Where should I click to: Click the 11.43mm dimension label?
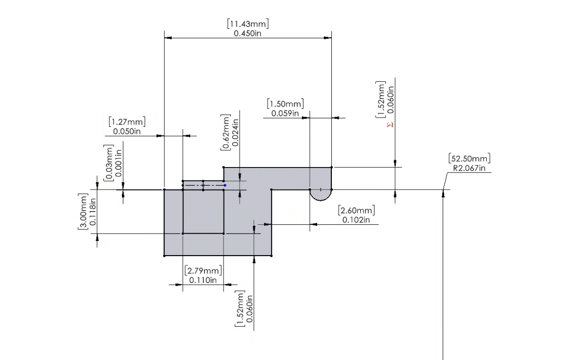pos(248,24)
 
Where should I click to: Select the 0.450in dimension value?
pos(248,33)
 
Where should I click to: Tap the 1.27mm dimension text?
pos(127,121)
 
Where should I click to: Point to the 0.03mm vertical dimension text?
pos(108,163)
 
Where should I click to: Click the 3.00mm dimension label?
pos(83,212)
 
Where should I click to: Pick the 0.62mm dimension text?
pos(226,132)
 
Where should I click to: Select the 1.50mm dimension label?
pos(285,104)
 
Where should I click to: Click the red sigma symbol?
pos(390,125)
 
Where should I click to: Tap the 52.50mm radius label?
pos(469,159)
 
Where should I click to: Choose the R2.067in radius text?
pos(469,168)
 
